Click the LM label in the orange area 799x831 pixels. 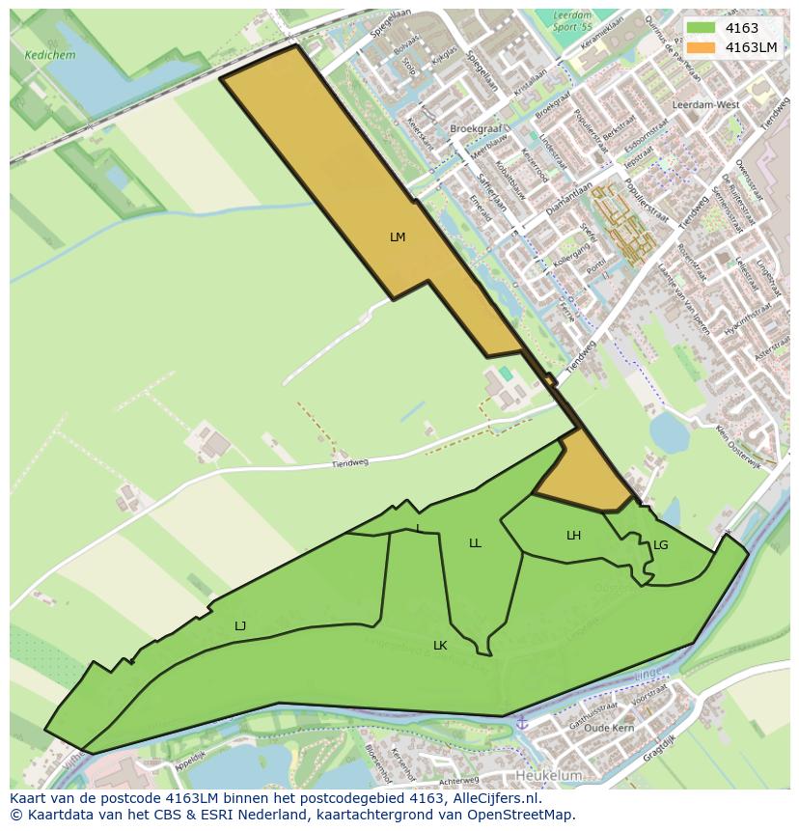click(398, 237)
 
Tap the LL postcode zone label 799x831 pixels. click(475, 543)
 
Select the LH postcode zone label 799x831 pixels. click(573, 536)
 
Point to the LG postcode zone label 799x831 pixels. click(660, 545)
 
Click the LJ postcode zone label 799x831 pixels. click(240, 626)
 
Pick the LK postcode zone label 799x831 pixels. click(440, 646)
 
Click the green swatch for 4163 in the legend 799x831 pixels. click(702, 28)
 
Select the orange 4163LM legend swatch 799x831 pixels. click(702, 47)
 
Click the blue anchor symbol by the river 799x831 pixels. click(523, 723)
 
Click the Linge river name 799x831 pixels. click(647, 679)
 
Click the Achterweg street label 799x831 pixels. click(458, 780)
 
